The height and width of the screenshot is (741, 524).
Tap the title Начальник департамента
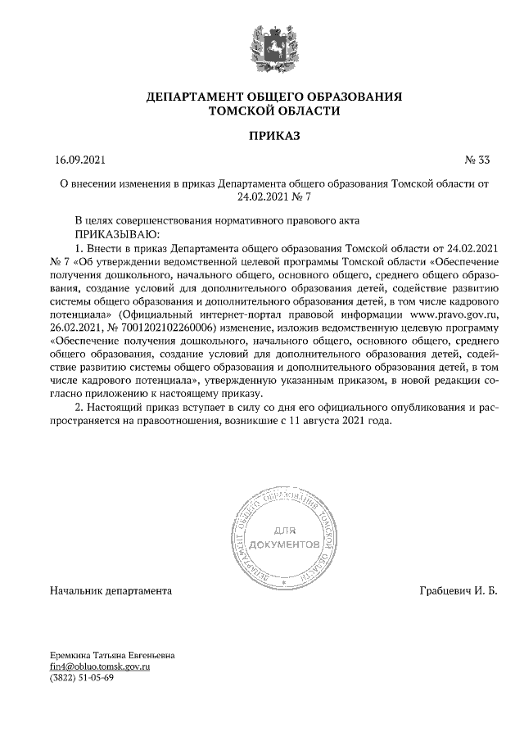(x=111, y=590)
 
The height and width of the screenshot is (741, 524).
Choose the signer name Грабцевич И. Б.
(x=458, y=590)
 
